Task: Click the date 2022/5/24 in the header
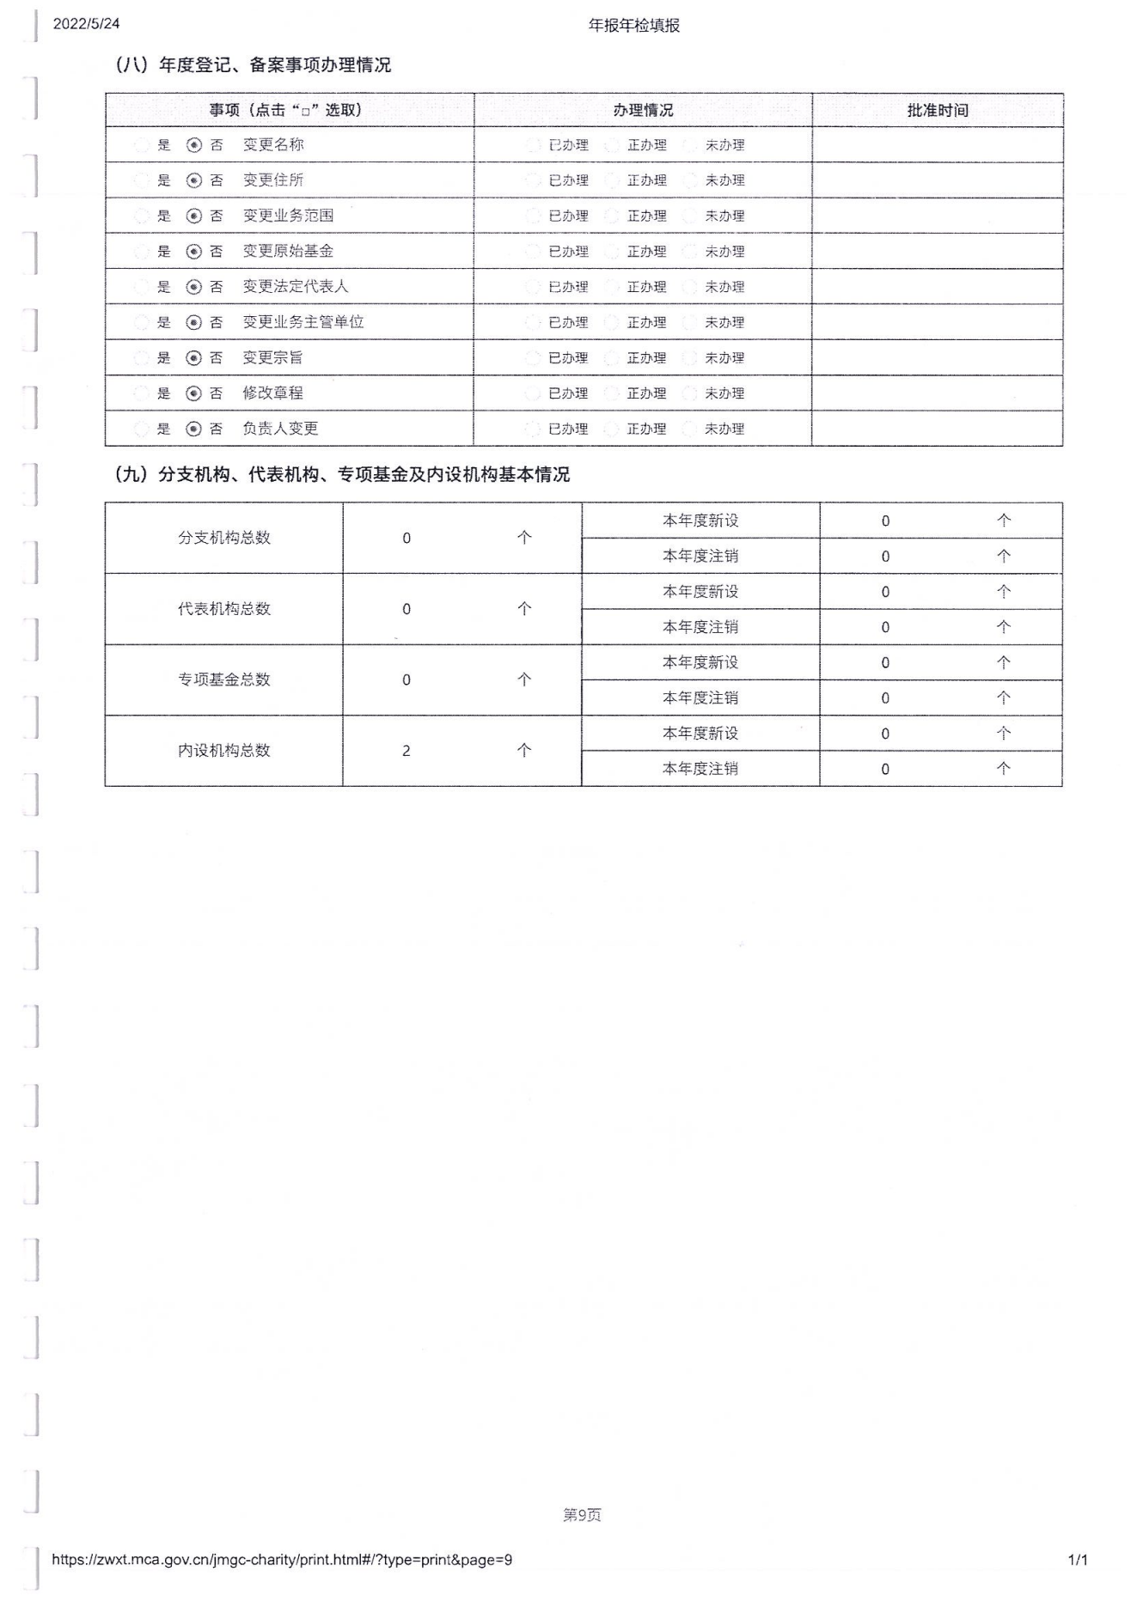point(86,24)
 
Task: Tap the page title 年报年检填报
point(633,26)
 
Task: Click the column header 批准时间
point(938,110)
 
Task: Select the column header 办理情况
point(643,110)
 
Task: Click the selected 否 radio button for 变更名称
point(194,145)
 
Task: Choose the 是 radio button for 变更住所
point(142,180)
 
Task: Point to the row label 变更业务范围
point(288,216)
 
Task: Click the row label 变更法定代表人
point(295,287)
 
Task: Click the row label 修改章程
point(272,393)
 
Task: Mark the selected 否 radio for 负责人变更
point(194,429)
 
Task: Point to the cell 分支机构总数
point(223,538)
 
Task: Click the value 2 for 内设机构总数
point(407,751)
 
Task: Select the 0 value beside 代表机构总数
point(407,609)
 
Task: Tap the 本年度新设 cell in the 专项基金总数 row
point(700,662)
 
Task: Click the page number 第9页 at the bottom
point(582,1515)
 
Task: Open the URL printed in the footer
point(282,1560)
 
